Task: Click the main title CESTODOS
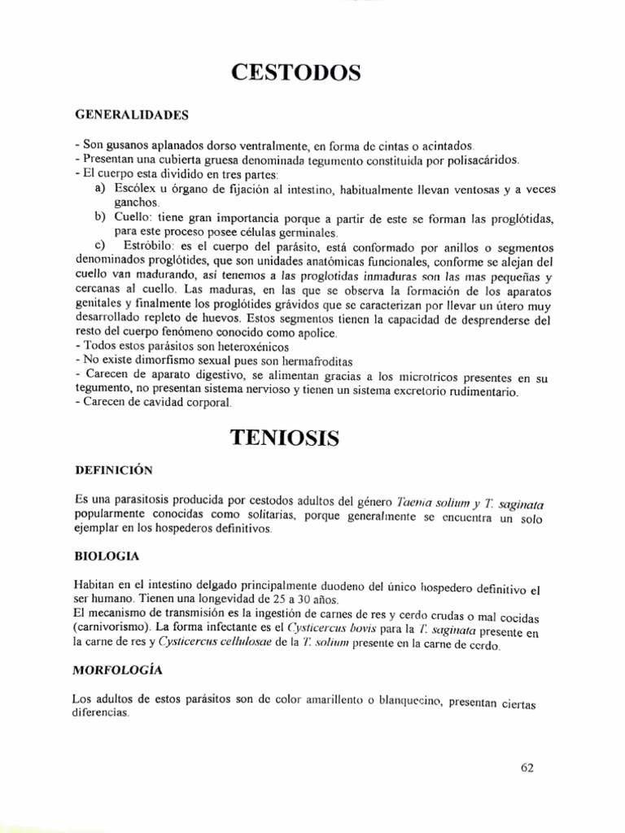(x=296, y=74)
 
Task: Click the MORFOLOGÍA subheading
(x=118, y=670)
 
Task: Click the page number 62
(x=527, y=767)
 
